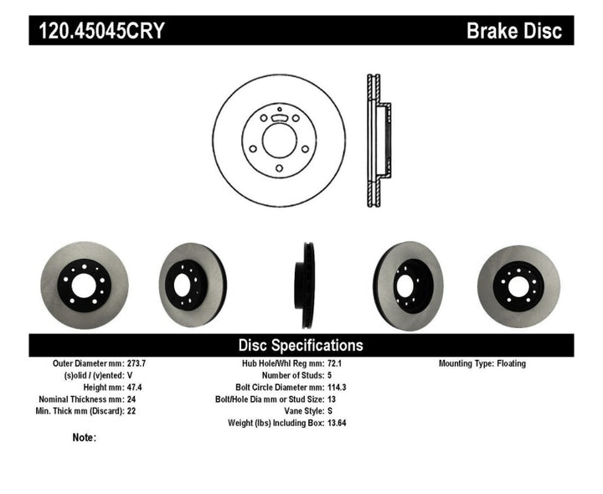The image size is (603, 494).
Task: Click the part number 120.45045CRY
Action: coord(99,31)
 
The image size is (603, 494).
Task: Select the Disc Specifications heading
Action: coord(301,345)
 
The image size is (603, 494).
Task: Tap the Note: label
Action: coord(85,437)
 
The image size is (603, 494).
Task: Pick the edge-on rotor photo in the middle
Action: coord(307,284)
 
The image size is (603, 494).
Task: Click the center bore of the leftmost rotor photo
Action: coord(84,285)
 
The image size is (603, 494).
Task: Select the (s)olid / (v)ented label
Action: coord(103,376)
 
